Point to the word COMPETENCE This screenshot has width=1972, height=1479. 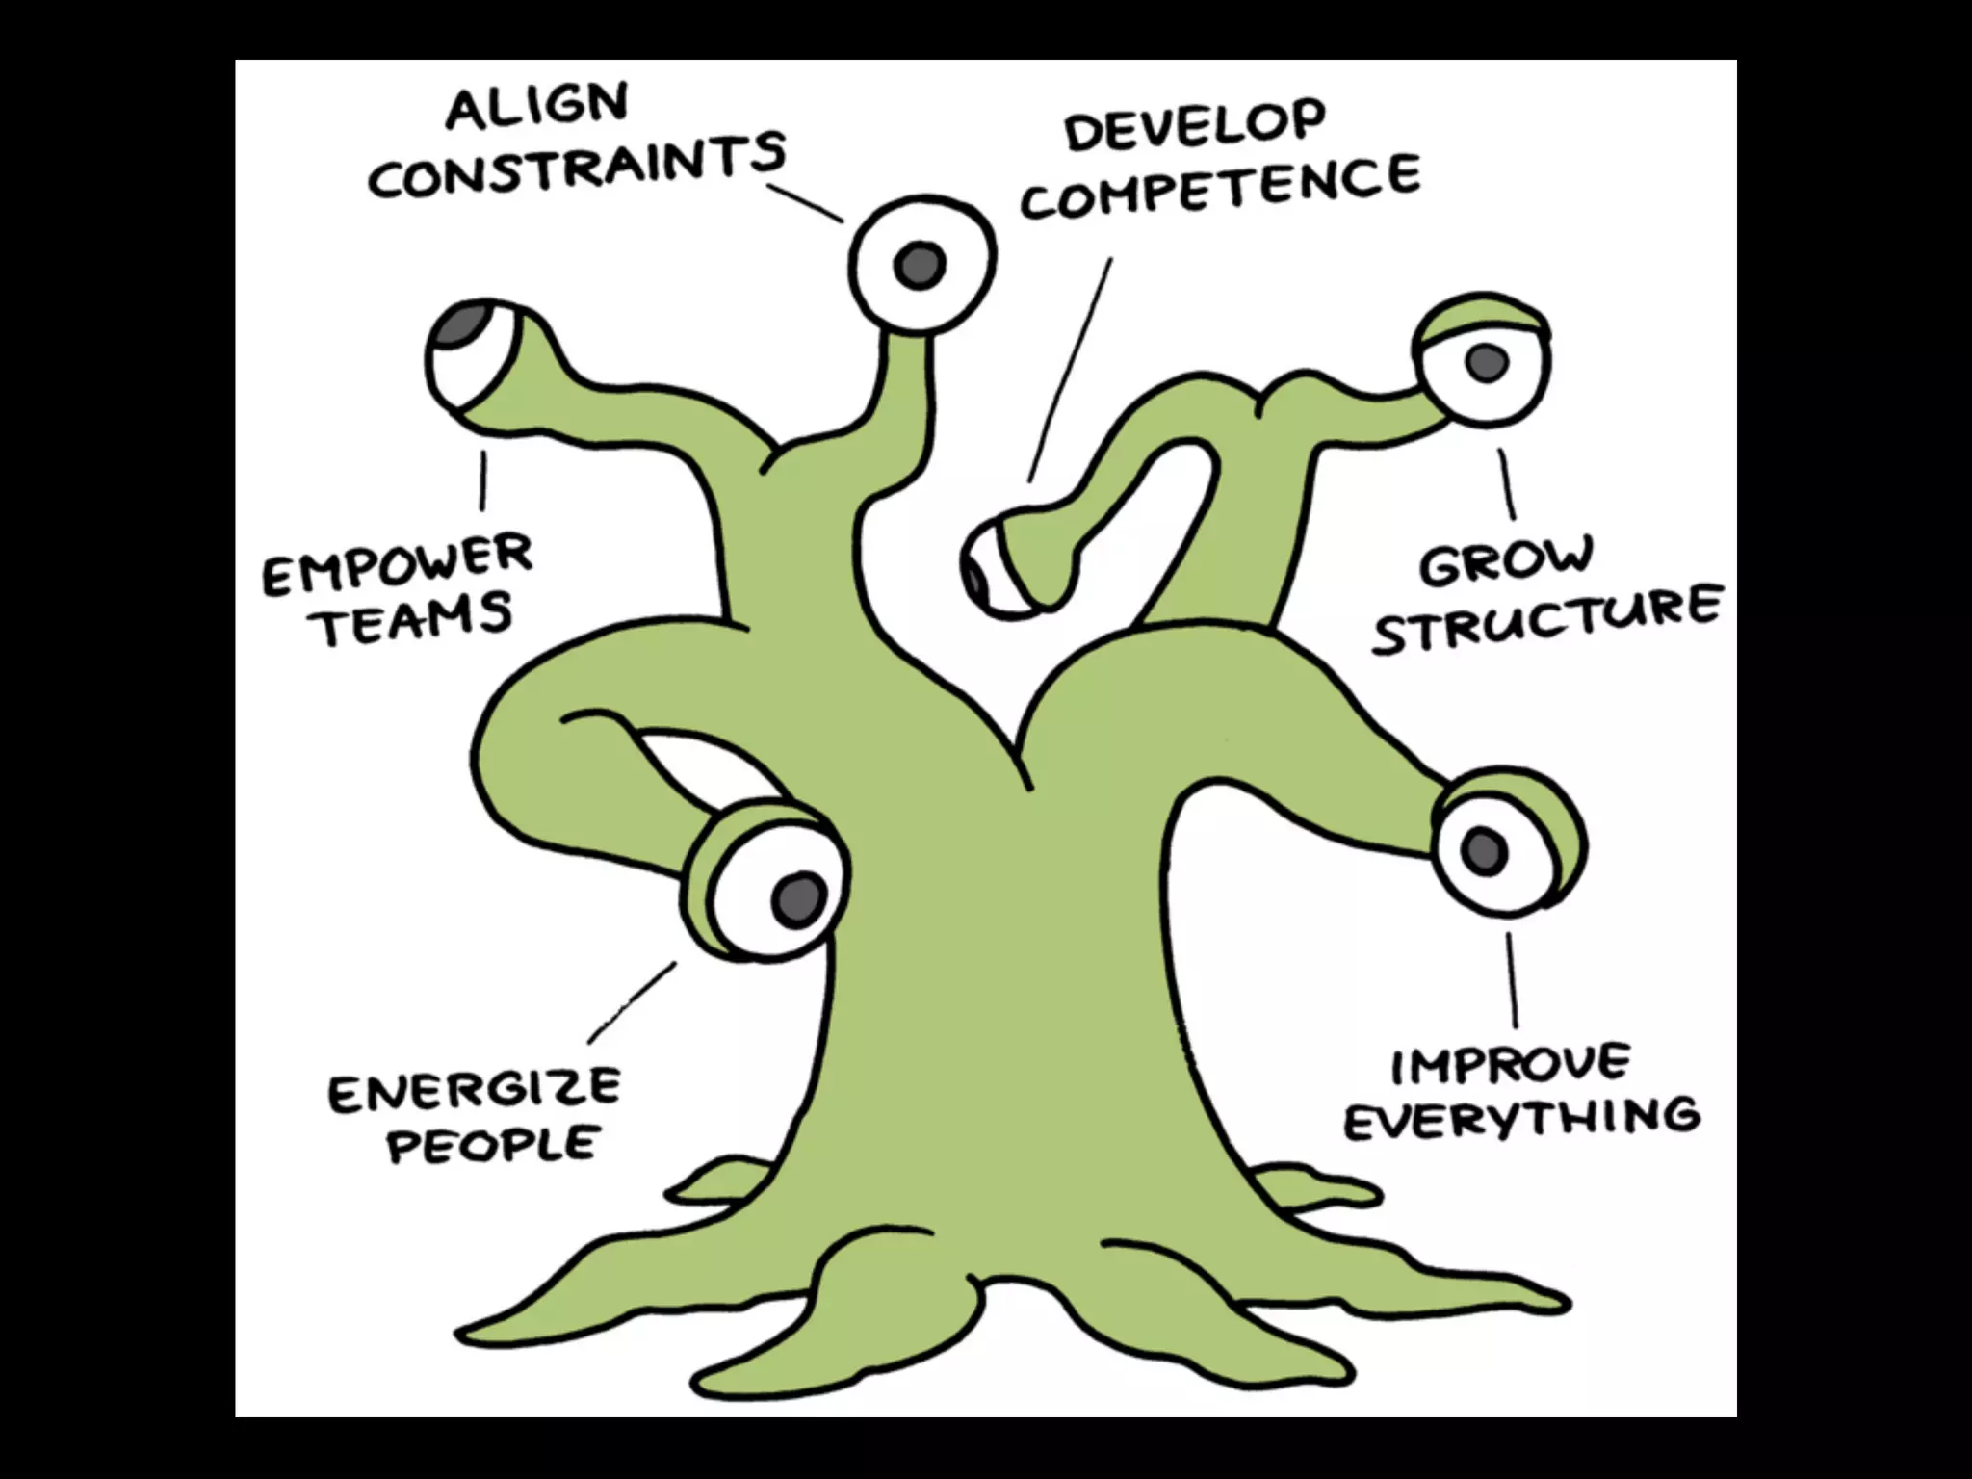coord(1220,191)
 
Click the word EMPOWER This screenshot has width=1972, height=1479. coord(397,566)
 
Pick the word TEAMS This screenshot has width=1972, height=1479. coord(415,620)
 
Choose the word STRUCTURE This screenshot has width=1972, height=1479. coord(1546,620)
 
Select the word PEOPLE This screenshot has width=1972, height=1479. coord(493,1144)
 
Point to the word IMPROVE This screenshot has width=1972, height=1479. coord(1511,1064)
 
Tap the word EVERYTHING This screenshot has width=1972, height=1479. coord(1521,1118)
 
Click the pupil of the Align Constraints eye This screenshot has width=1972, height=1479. coord(918,265)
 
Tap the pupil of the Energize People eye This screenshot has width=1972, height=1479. coord(799,897)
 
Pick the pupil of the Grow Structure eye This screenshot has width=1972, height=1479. coord(1487,361)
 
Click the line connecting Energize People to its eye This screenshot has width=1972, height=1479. coord(633,1001)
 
